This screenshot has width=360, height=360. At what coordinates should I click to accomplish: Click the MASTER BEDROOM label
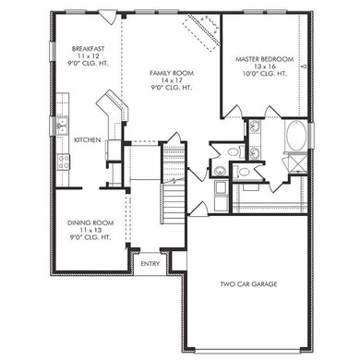click(265, 59)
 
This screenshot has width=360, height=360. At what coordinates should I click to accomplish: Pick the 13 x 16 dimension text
click(265, 67)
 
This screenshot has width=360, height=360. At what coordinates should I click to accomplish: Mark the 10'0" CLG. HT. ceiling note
click(265, 76)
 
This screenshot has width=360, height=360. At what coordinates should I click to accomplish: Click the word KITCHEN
click(88, 139)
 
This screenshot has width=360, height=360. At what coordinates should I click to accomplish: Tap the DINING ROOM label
click(90, 222)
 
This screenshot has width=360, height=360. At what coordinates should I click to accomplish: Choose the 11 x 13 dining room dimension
click(90, 230)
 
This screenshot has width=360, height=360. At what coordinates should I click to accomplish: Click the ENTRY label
click(149, 264)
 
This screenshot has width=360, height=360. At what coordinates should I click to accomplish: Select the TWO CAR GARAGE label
click(250, 284)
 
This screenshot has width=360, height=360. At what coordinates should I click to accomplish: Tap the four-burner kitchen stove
click(63, 162)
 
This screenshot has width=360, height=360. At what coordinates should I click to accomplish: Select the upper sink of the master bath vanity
click(255, 128)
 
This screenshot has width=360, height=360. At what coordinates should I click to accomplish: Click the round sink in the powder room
click(221, 171)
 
